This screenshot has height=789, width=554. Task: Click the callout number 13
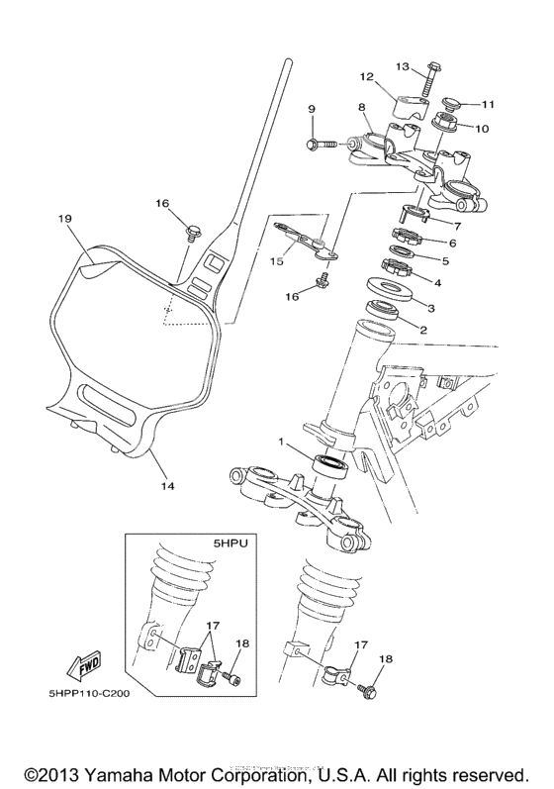coord(403,65)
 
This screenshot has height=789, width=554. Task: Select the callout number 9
coord(311,109)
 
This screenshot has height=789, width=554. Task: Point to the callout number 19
coord(65,219)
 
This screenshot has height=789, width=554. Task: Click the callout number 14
coord(167,486)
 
